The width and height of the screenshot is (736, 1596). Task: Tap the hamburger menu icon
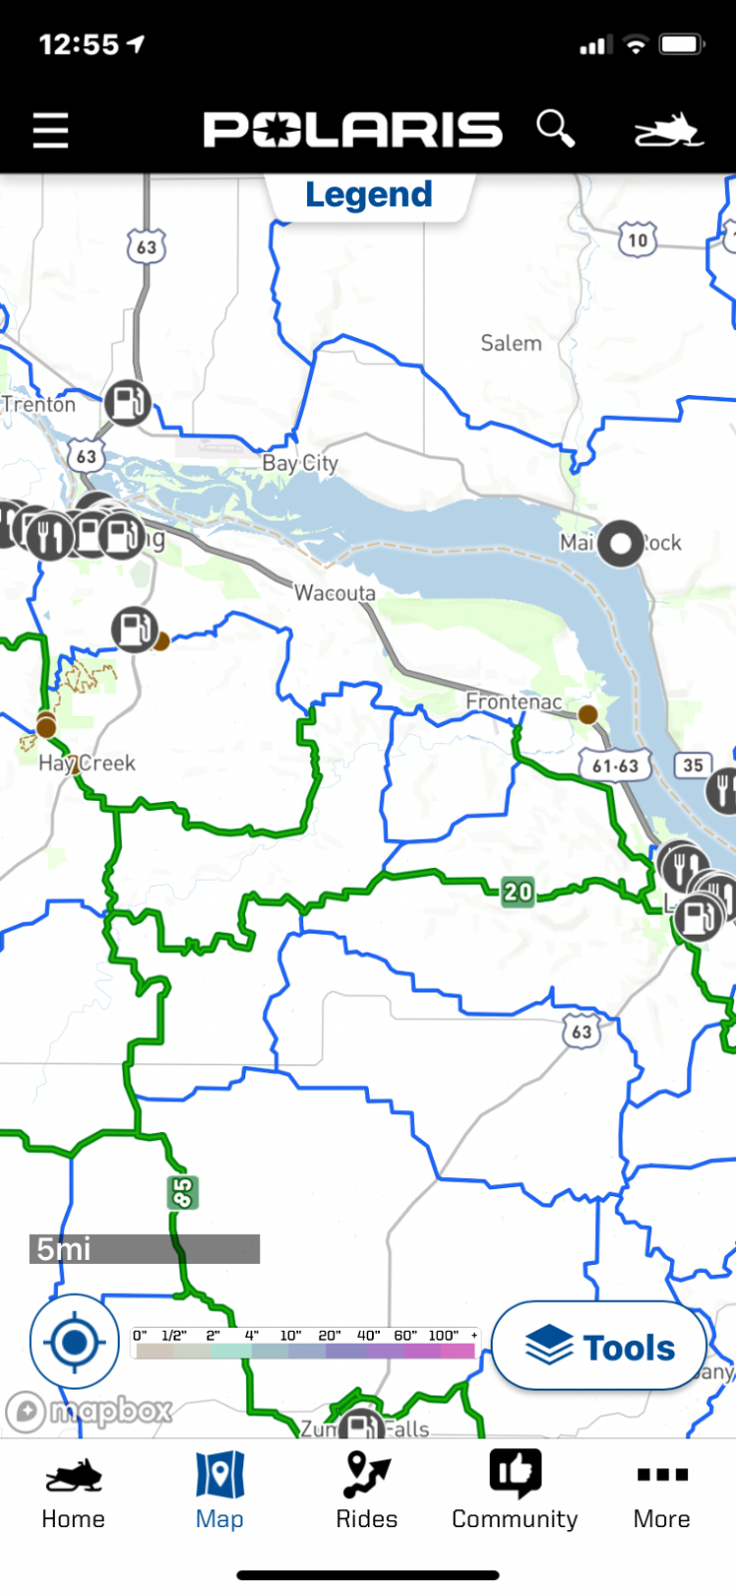(50, 131)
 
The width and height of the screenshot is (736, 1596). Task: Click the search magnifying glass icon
(555, 129)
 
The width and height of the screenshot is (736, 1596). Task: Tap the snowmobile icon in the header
(668, 131)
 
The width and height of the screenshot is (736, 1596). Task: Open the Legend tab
(368, 195)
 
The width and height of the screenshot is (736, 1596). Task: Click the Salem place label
(511, 343)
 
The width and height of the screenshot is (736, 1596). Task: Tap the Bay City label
(300, 463)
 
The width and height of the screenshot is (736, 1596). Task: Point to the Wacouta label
(335, 594)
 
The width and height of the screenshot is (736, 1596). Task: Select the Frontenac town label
(514, 702)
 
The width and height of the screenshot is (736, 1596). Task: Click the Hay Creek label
(87, 763)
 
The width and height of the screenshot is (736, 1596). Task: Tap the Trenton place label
(39, 404)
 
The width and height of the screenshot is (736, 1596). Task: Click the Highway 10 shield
(637, 239)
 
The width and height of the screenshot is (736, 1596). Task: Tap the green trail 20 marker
(518, 891)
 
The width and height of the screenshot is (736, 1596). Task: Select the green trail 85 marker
(183, 1192)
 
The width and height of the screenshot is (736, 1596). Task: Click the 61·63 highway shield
(615, 766)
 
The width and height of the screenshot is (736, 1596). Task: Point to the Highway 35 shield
(693, 765)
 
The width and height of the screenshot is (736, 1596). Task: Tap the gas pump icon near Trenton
(127, 403)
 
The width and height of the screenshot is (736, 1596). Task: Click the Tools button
(600, 1347)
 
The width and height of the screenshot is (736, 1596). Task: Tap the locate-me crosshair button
(74, 1343)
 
